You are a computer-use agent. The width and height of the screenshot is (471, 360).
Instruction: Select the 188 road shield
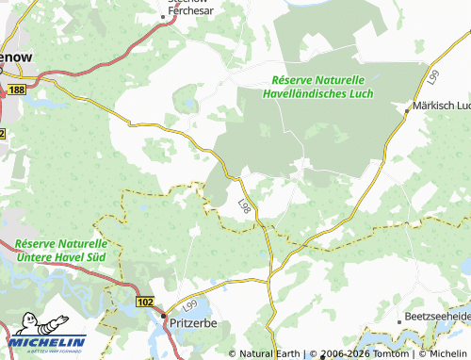pyautogui.click(x=17, y=89)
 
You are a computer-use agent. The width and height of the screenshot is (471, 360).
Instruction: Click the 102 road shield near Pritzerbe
pyautogui.click(x=144, y=302)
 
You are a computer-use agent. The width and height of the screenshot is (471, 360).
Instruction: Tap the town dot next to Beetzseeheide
pyautogui.click(x=401, y=320)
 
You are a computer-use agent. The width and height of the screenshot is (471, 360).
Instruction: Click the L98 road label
pyautogui.click(x=245, y=204)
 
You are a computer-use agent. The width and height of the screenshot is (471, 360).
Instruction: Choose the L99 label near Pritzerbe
pyautogui.click(x=192, y=305)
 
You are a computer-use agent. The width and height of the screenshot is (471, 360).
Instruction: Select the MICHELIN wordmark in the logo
pyautogui.click(x=49, y=342)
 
